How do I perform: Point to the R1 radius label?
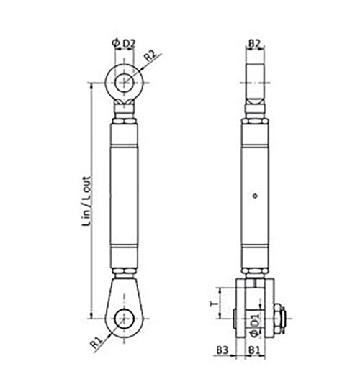tap(96, 343)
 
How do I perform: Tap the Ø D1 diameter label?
tap(254, 320)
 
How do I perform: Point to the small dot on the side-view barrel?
tap(254, 195)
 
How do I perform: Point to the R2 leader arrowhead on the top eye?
tap(137, 68)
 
